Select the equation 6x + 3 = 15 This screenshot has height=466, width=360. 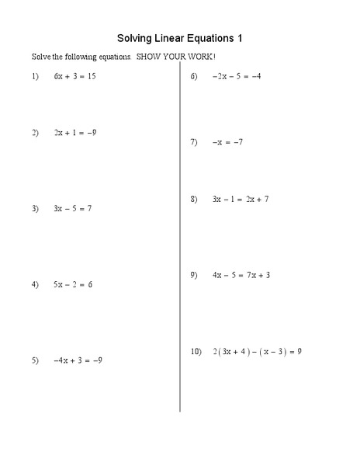(74, 77)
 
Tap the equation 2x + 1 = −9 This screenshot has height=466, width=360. (75, 133)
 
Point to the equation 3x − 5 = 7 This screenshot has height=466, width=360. (73, 208)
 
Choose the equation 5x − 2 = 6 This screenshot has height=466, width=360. (73, 284)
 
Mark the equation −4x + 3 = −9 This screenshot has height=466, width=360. (78, 360)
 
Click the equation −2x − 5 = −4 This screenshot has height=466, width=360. (236, 76)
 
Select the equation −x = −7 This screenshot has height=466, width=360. (227, 142)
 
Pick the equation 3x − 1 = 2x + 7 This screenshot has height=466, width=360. (241, 200)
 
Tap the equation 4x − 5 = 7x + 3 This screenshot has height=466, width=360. (241, 275)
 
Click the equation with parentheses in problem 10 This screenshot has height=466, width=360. (257, 351)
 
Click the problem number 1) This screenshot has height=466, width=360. (35, 77)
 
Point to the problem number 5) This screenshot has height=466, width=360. (35, 360)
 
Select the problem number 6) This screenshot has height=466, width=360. (194, 76)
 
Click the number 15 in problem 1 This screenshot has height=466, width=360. (91, 77)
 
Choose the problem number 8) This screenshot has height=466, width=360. (194, 200)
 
